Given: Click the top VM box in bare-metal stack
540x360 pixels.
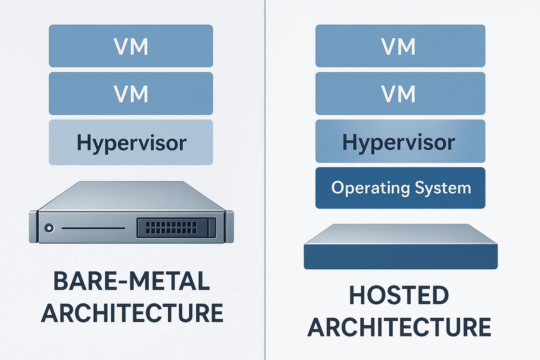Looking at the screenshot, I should tap(131, 46).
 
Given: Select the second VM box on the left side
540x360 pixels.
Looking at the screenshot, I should tap(131, 94).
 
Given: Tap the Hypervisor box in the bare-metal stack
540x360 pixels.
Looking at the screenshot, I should tap(131, 142).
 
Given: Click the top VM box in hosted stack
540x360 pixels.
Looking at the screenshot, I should tap(400, 46).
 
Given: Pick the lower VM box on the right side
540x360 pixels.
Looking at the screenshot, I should tap(400, 94).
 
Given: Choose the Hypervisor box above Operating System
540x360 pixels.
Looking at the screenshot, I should tap(400, 141).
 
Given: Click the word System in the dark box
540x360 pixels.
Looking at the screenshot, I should tap(443, 188).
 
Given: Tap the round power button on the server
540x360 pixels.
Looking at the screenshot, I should tap(49, 228).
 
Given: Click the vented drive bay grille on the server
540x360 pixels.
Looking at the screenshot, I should tap(171, 228).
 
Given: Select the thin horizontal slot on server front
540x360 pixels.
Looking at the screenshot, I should tap(94, 229).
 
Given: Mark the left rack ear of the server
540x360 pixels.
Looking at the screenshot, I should tap(33, 227).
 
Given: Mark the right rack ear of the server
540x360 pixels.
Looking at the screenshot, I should tap(229, 227).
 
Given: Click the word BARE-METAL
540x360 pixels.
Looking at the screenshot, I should tap(131, 281).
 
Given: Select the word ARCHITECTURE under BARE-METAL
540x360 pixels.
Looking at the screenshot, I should tap(132, 313).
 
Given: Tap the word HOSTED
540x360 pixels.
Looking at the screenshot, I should tap(399, 295).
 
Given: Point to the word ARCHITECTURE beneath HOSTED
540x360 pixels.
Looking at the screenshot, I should tap(399, 327).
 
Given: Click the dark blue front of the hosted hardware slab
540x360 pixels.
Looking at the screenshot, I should tap(400, 257).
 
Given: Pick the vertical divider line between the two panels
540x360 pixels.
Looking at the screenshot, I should tap(265, 176).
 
